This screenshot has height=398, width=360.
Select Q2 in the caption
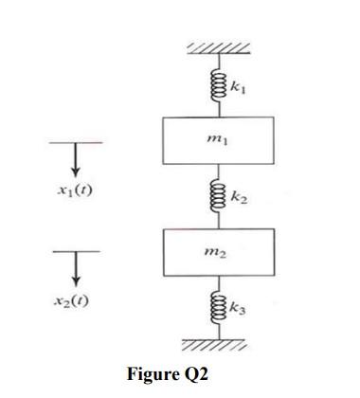pyautogui.click(x=195, y=373)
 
